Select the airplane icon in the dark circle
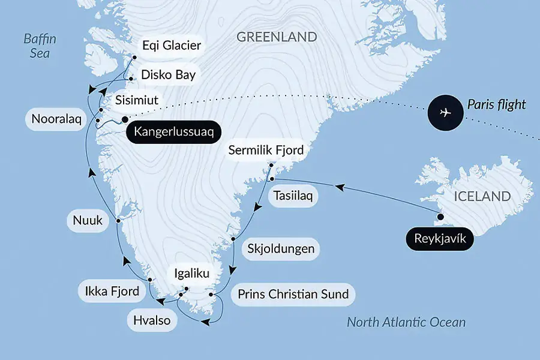pyautogui.click(x=445, y=112)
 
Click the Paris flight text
pyautogui.click(x=497, y=105)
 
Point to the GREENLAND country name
pyautogui.click(x=277, y=37)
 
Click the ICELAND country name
pyautogui.click(x=482, y=196)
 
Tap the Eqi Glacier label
pyautogui.click(x=172, y=46)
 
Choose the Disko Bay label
pyautogui.click(x=167, y=75)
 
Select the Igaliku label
pyautogui.click(x=191, y=275)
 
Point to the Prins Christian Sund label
pyautogui.click(x=293, y=295)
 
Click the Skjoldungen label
pyautogui.click(x=281, y=249)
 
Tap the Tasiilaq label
pyautogui.click(x=292, y=196)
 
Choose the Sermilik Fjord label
pyautogui.click(x=266, y=150)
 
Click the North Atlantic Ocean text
pyautogui.click(x=406, y=323)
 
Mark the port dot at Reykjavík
pyautogui.click(x=441, y=217)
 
